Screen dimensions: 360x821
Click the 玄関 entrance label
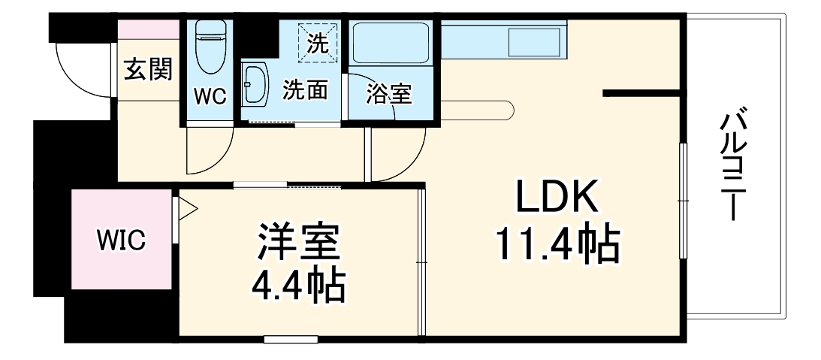point(148,70)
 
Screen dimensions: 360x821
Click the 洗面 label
point(305,90)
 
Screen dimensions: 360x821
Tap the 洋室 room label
point(299,242)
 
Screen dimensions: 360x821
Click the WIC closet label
point(121,242)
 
